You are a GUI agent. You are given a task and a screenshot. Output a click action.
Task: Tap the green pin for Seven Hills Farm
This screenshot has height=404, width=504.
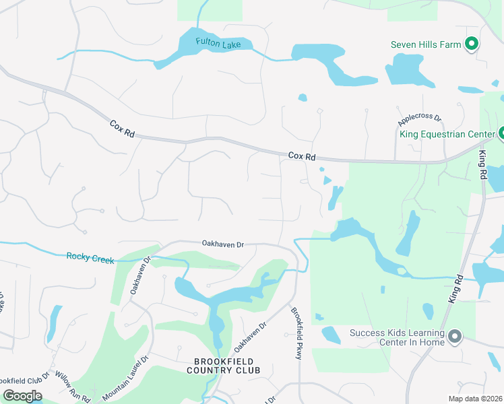coord(472,44)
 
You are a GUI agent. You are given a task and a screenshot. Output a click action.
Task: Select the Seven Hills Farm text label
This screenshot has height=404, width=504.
coord(426,45)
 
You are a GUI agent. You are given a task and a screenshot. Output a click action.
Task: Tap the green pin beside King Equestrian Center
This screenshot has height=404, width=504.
coord(501,133)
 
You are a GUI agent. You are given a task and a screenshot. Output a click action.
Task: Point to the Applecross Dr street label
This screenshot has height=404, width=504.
coord(418,120)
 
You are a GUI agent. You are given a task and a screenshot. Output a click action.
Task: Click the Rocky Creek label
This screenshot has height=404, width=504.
coord(90,257)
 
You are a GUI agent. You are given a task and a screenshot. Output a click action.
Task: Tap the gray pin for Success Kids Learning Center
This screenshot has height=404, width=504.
coord(455,336)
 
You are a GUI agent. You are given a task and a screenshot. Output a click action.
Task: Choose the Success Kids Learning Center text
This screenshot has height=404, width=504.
coord(397,337)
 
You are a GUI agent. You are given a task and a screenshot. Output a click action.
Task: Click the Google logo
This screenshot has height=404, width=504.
coord(22,396)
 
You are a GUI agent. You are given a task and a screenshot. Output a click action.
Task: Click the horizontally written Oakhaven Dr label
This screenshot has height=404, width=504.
coord(223,244)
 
